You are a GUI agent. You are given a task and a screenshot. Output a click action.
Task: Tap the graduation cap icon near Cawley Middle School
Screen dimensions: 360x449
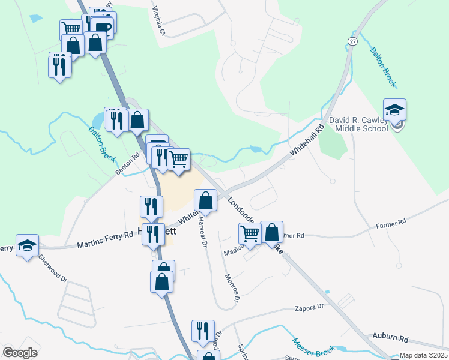[394, 110]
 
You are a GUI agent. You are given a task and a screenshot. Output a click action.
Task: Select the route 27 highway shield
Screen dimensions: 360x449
[352, 40]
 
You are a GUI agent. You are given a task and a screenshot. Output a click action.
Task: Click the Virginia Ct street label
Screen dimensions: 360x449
[158, 20]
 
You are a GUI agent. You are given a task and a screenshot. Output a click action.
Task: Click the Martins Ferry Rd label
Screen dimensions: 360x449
[104, 242]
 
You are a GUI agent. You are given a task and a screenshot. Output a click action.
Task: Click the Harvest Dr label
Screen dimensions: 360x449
[202, 232]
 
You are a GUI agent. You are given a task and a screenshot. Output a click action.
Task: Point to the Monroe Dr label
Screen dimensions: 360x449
[232, 287]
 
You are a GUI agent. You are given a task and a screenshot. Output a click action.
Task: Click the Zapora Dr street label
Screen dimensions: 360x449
[310, 307]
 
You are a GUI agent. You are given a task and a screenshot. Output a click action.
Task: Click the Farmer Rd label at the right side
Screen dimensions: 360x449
[391, 223]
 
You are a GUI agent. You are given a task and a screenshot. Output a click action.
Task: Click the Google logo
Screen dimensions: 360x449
[20, 352]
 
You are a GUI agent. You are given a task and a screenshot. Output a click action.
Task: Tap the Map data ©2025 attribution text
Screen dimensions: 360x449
[423, 355]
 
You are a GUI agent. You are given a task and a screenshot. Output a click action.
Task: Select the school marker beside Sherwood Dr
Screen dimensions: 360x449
[27, 245]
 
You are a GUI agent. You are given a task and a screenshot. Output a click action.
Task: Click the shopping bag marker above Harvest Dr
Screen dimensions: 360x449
[205, 201]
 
